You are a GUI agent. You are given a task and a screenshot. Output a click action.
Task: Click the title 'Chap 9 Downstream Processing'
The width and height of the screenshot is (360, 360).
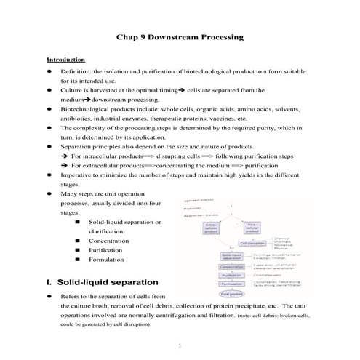pos(180,36)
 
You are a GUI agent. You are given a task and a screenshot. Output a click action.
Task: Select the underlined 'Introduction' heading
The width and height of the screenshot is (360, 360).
pos(66,59)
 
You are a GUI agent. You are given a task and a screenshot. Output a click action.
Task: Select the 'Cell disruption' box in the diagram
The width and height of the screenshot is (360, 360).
pos(252,243)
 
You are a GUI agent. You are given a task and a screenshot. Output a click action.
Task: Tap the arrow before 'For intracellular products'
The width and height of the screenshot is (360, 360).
pos(65,155)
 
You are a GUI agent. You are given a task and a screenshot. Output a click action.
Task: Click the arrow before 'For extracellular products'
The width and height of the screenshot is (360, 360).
pos(65,164)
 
